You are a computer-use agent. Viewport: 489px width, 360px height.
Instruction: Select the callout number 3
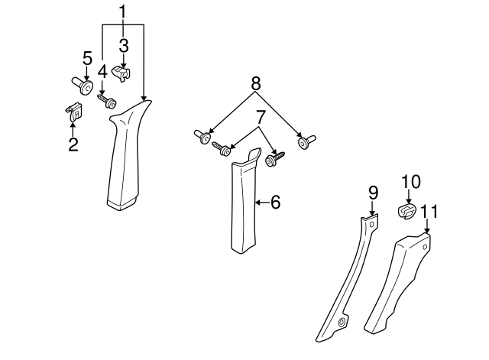[x=123, y=45]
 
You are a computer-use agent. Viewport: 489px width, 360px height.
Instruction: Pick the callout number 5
[x=87, y=57]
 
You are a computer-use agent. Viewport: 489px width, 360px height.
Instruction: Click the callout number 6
[x=275, y=202]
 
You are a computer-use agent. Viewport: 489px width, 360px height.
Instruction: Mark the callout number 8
[x=255, y=82]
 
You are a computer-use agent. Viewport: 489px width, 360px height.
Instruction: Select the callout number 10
[x=410, y=181]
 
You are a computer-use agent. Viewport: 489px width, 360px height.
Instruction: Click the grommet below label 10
[x=407, y=210]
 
